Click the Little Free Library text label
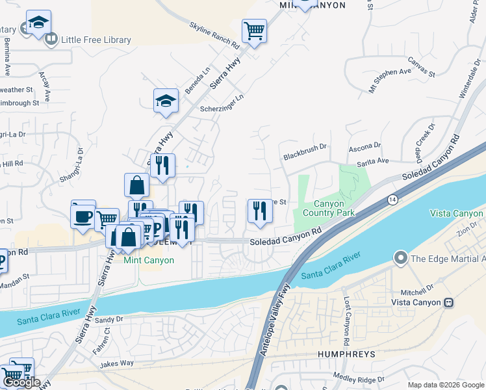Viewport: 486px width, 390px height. pyautogui.click(x=96, y=40)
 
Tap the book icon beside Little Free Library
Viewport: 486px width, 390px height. pyautogui.click(x=51, y=40)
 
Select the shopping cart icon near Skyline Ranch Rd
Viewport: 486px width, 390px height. pyautogui.click(x=254, y=30)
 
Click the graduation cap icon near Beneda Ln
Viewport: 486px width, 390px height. pyautogui.click(x=166, y=101)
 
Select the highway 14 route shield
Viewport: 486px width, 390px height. pyautogui.click(x=392, y=198)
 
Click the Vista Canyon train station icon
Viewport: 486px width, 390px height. pyautogui.click(x=448, y=303)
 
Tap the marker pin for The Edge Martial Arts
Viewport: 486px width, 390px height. pyautogui.click(x=400, y=259)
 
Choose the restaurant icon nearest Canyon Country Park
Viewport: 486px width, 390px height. pyautogui.click(x=259, y=211)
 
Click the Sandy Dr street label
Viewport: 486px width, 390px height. pyautogui.click(x=109, y=319)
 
